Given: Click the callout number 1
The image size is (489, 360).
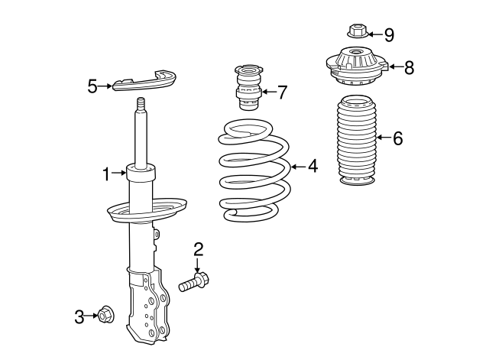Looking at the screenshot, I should click(106, 175).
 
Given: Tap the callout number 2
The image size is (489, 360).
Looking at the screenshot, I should click(198, 248).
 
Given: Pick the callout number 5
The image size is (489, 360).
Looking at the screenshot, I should click(92, 86).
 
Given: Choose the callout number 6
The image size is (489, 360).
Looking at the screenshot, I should click(397, 138).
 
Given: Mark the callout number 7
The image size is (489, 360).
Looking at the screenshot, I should click(282, 93).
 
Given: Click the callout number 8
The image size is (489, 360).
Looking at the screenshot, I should click(409, 67).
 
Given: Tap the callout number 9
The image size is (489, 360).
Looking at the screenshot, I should click(388, 34).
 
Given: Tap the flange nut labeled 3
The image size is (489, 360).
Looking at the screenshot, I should click(105, 315).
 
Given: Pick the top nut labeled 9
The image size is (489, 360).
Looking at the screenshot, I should click(355, 32).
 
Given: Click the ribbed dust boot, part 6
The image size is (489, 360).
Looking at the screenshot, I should click(355, 141).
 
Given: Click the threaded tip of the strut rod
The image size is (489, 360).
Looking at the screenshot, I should click(141, 105).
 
